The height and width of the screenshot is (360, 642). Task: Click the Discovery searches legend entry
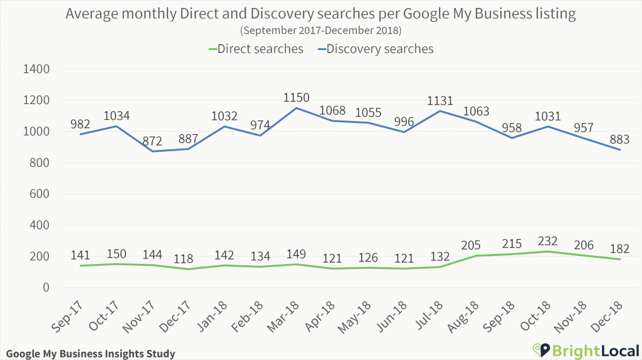pyautogui.click(x=380, y=49)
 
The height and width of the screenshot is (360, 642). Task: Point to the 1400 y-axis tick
pyautogui.click(x=36, y=69)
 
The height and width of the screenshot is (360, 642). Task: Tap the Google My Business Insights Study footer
pyautogui.click(x=89, y=354)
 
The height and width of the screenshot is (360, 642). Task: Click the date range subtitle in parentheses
pyautogui.click(x=320, y=30)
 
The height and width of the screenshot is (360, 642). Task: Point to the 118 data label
pyautogui.click(x=189, y=258)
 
